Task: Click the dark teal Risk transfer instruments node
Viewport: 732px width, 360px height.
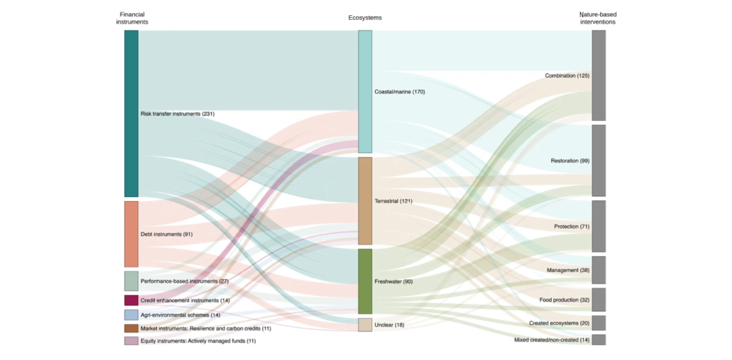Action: click(131, 114)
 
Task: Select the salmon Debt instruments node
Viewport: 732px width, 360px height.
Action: click(131, 234)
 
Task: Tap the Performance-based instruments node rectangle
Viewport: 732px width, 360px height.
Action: click(131, 281)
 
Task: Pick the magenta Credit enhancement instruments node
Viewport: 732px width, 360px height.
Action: click(131, 300)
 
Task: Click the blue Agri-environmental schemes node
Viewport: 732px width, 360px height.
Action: click(131, 315)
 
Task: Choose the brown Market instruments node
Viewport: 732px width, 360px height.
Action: click(131, 328)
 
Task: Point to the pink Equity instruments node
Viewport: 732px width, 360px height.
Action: click(131, 341)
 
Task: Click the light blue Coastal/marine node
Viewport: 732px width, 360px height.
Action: click(365, 92)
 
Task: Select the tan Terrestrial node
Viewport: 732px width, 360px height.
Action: click(365, 201)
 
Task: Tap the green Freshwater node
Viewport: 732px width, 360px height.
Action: click(365, 281)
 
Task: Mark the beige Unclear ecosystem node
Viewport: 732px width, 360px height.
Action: click(365, 325)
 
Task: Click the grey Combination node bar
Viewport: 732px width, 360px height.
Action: click(599, 76)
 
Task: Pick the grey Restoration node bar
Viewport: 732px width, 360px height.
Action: click(599, 160)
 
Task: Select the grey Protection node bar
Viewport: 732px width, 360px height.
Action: click(599, 226)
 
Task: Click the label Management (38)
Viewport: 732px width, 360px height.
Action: click(568, 270)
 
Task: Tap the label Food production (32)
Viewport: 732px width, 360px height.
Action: click(564, 300)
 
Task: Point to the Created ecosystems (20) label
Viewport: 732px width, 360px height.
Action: click(559, 323)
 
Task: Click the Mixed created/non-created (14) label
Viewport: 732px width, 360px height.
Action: click(551, 340)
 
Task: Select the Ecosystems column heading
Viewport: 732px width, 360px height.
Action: click(365, 18)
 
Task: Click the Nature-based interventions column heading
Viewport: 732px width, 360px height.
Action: click(598, 18)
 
